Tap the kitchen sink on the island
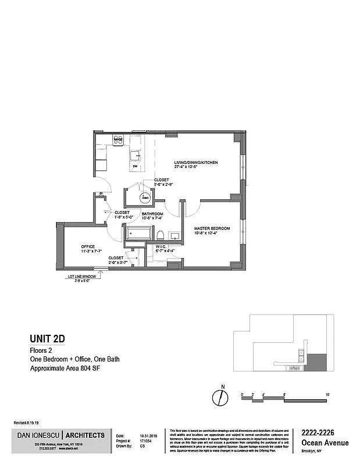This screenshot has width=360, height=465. coord(136,155)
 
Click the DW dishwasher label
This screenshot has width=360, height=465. coord(134,167)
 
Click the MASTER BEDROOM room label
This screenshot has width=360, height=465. coord(212,228)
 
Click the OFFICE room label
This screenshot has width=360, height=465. coord(88,246)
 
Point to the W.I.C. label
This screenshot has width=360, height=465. coord(161,246)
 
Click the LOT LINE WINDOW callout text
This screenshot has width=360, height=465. coord(81,276)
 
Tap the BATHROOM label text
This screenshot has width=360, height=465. coord(152,214)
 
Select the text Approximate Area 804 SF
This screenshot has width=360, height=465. coord(67,369)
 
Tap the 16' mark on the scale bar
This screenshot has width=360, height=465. coord(327,394)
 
